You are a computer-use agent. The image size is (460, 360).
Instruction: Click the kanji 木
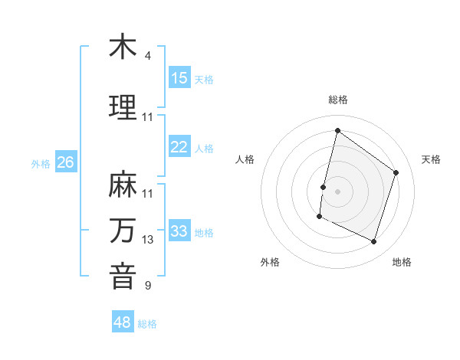tap(123, 47)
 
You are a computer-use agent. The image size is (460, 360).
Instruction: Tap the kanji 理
tap(123, 107)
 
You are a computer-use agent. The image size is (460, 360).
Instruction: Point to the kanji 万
tap(123, 231)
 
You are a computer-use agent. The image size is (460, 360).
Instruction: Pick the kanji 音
tap(123, 277)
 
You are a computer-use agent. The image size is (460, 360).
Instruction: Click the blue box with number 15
tap(179, 78)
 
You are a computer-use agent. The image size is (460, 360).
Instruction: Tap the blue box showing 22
tap(179, 147)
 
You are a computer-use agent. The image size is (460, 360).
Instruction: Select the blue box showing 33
tap(179, 231)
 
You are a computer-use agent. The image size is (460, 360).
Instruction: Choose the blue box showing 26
tap(66, 162)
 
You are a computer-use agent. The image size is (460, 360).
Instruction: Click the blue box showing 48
tap(123, 322)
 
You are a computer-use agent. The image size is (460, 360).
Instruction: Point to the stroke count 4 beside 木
tap(148, 56)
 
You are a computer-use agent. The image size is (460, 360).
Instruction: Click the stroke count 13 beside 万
tap(148, 240)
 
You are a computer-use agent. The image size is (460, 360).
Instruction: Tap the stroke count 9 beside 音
tap(148, 286)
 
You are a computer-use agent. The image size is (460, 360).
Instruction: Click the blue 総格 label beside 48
tap(147, 324)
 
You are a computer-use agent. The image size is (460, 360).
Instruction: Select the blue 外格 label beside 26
tap(41, 163)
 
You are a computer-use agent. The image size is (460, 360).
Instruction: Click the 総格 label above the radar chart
tap(338, 100)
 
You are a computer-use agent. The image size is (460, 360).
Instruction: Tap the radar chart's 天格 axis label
tap(431, 159)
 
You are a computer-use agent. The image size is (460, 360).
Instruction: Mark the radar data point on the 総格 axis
tap(337, 131)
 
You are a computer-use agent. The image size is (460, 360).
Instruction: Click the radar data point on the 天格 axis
tap(396, 172)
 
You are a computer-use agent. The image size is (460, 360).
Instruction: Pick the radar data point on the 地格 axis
tap(373, 242)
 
